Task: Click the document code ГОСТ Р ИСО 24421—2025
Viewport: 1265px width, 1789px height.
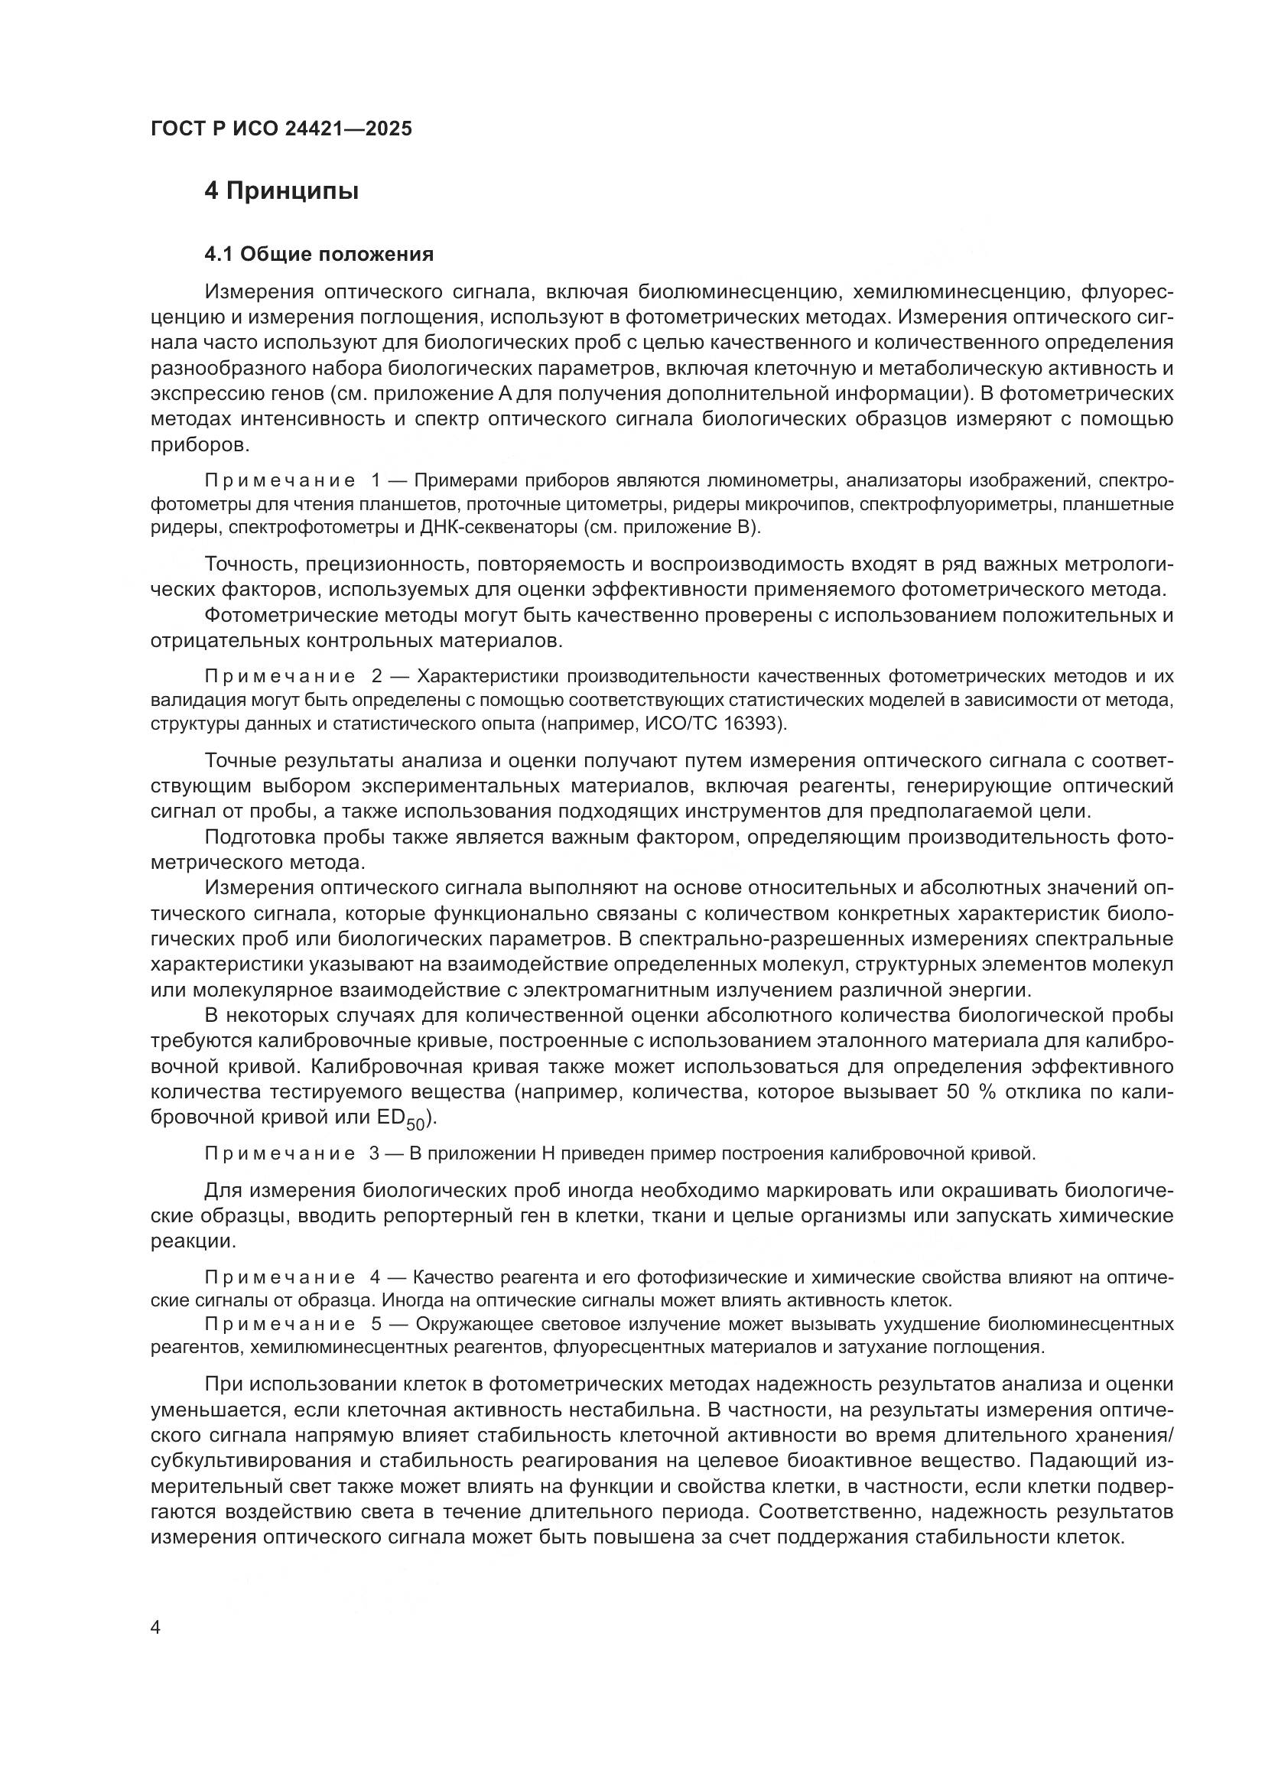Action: pyautogui.click(x=281, y=129)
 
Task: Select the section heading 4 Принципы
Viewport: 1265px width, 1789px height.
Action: pyautogui.click(x=281, y=191)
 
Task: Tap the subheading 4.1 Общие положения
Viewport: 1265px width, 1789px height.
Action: pyautogui.click(x=319, y=254)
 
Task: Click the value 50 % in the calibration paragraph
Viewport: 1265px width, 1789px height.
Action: pyautogui.click(x=971, y=1091)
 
